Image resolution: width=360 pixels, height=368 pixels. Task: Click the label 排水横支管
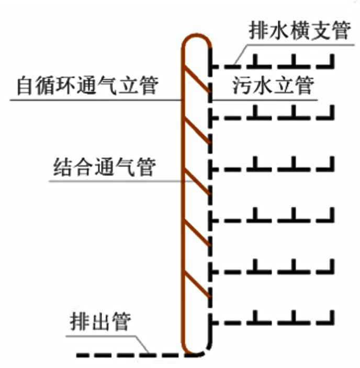click(298, 31)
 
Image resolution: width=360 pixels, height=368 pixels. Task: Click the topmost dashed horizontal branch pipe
click(272, 67)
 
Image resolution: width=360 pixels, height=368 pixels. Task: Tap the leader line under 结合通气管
click(115, 181)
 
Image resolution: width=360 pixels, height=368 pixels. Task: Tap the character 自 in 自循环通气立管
click(25, 85)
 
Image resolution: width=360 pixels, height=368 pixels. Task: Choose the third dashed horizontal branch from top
click(272, 169)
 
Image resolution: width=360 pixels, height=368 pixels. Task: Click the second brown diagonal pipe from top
click(198, 131)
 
